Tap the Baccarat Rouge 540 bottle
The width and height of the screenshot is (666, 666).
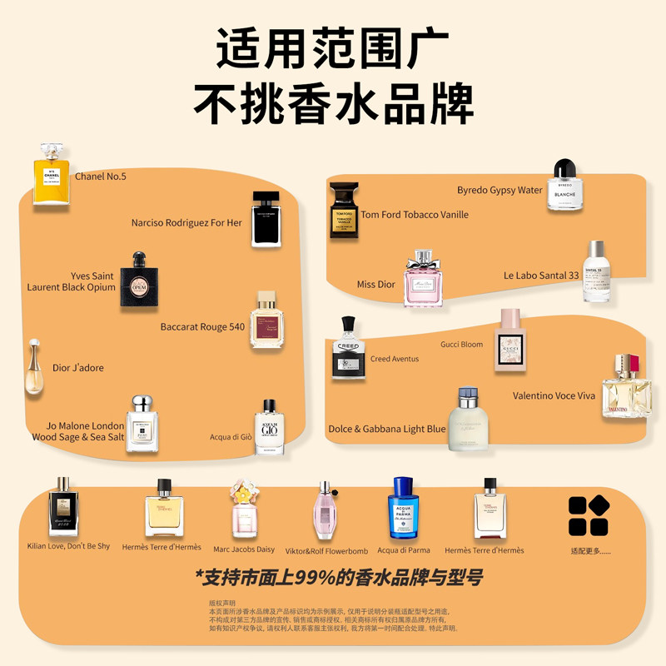tap(266, 321)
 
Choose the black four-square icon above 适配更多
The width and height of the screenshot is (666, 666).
tap(588, 515)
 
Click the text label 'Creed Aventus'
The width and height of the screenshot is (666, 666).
tap(395, 359)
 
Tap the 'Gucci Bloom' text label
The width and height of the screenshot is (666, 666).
tap(461, 344)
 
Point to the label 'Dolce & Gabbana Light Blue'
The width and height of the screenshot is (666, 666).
tap(386, 430)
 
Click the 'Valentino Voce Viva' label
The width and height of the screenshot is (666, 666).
tap(554, 395)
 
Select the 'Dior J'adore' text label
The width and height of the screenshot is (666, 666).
tap(78, 368)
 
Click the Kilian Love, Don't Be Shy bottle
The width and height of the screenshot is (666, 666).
tap(63, 508)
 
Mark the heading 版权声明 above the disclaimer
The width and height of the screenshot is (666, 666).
tap(221, 603)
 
